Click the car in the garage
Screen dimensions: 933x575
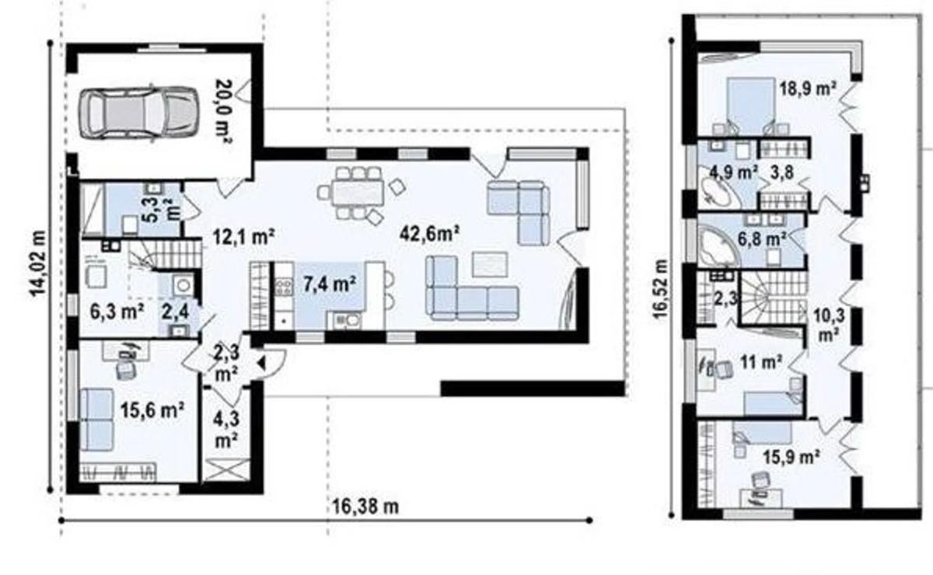(x=138, y=113)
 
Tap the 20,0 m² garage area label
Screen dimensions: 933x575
(x=224, y=111)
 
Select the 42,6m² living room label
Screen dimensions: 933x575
(x=429, y=234)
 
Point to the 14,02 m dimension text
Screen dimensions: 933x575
(x=38, y=263)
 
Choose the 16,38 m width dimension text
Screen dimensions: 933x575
(x=365, y=507)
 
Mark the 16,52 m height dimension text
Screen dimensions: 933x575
(x=661, y=289)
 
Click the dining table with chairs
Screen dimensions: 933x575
(x=361, y=193)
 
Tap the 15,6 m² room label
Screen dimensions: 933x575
(x=152, y=410)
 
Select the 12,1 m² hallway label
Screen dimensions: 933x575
(x=243, y=237)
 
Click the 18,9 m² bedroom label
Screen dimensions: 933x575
(x=808, y=89)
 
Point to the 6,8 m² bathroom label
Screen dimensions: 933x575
(x=762, y=239)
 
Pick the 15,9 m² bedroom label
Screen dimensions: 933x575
(x=791, y=457)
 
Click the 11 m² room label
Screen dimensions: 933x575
(x=761, y=362)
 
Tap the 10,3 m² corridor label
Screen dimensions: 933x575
(x=829, y=325)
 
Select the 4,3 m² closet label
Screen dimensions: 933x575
(x=226, y=430)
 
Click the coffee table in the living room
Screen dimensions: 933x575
(x=490, y=264)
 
